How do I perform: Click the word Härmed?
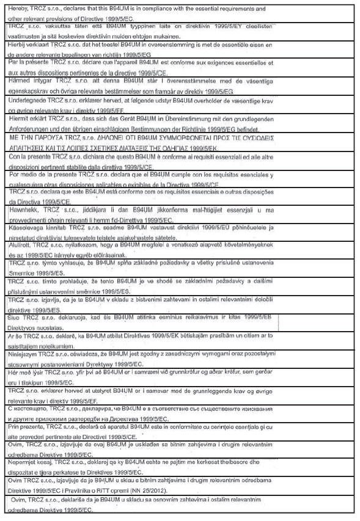tap(18, 81)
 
